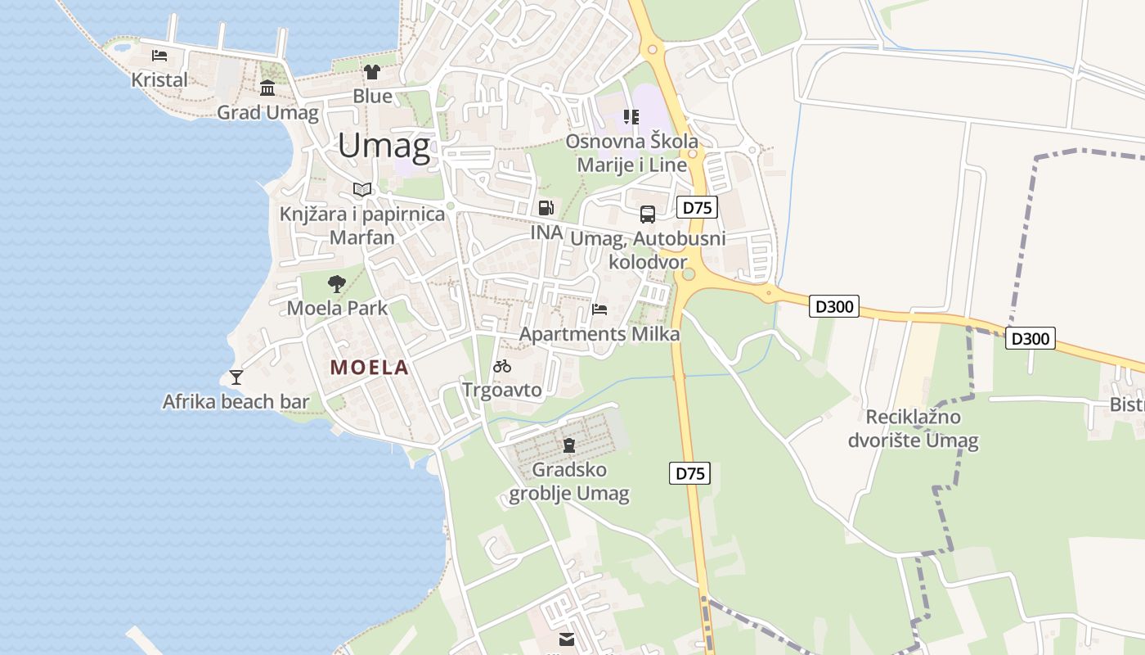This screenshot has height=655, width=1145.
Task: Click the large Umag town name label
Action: [x=384, y=147]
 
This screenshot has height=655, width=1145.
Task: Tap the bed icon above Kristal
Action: [x=159, y=56]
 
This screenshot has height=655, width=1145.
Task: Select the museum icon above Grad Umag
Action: [x=267, y=88]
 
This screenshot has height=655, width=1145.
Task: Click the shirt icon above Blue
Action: [x=372, y=72]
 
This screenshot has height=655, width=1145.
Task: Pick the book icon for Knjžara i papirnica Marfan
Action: [x=362, y=190]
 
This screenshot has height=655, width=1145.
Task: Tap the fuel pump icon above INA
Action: [x=546, y=208]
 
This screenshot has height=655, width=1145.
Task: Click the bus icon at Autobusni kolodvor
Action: [x=648, y=215]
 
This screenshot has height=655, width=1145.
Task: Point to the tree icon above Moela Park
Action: [x=336, y=284]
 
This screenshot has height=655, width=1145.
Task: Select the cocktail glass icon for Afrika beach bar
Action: [x=236, y=377]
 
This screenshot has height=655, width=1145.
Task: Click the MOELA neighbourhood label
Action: [x=369, y=368]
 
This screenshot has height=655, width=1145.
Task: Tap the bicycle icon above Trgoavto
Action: [x=502, y=366]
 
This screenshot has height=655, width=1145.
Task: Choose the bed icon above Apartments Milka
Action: [x=599, y=309]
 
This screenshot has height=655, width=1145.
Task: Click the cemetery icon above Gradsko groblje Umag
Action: [x=569, y=445]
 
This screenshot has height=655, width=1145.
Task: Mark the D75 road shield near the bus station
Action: [x=697, y=208]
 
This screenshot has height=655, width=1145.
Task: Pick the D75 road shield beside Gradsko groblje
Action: [x=689, y=473]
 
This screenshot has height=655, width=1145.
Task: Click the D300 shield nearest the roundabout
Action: [x=834, y=307]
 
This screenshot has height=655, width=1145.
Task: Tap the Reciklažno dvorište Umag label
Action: [x=913, y=429]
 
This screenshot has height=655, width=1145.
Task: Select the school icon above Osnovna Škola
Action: [x=631, y=117]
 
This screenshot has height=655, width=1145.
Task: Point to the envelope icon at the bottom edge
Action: [x=567, y=639]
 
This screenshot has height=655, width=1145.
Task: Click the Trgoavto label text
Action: [x=502, y=390]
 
